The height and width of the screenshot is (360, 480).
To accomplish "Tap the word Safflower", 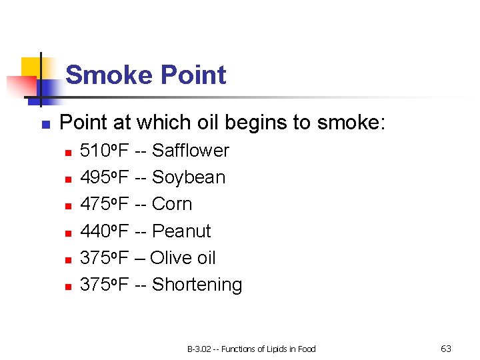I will click(x=190, y=151).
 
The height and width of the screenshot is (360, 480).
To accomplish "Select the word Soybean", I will click(x=189, y=177).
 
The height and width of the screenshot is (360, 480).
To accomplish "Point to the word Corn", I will click(x=172, y=204).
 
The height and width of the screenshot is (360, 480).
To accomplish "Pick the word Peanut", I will click(x=181, y=231).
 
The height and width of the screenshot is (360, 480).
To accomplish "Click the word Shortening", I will click(x=197, y=285).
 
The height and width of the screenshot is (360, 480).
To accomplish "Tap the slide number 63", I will click(x=446, y=349).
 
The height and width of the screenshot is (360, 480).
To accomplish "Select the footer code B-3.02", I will click(x=198, y=349).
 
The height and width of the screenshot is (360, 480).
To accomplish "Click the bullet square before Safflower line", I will click(x=67, y=153).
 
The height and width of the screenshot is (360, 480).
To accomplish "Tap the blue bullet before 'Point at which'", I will click(x=45, y=125).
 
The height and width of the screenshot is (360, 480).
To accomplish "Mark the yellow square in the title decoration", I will click(x=31, y=67).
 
